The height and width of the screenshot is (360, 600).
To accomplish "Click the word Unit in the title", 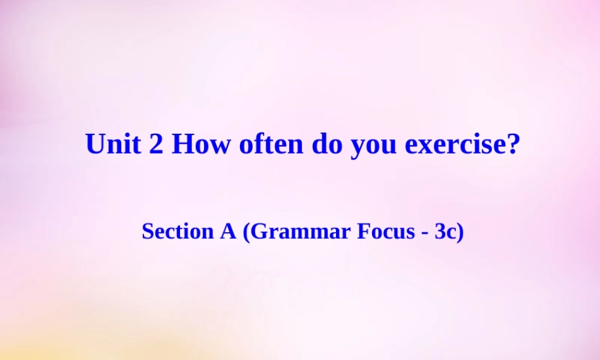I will pyautogui.click(x=113, y=144).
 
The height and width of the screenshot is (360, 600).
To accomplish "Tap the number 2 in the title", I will pyautogui.click(x=156, y=144).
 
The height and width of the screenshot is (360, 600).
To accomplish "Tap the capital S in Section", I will pyautogui.click(x=147, y=231).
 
